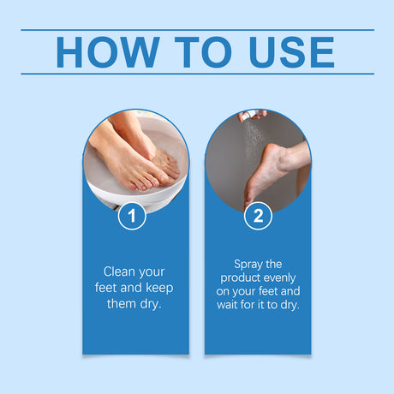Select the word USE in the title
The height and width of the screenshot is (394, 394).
point(285,51)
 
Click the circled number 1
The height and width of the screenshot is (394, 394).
point(132,215)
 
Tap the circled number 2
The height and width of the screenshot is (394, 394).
point(259,215)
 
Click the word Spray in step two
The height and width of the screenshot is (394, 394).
point(250,264)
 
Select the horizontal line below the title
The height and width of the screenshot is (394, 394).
point(197,74)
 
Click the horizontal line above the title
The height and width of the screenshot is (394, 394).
point(197,30)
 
